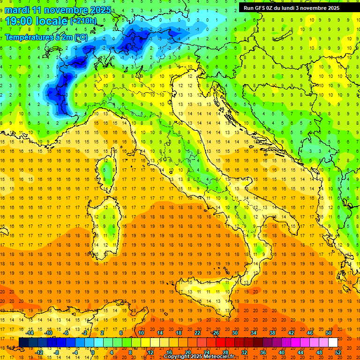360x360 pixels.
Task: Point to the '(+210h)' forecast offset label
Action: click(83, 21)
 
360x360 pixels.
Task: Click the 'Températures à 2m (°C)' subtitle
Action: click(46, 37)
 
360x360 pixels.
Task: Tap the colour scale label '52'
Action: click(338, 352)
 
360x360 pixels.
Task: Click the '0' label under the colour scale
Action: click(93, 352)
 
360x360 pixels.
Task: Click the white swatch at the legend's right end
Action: click(333, 343)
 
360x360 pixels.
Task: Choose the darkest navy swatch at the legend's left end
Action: click(23, 343)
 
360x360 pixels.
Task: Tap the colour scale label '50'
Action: click(329, 333)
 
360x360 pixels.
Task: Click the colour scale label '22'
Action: click(197, 333)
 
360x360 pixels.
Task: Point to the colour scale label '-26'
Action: click(215, 333)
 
